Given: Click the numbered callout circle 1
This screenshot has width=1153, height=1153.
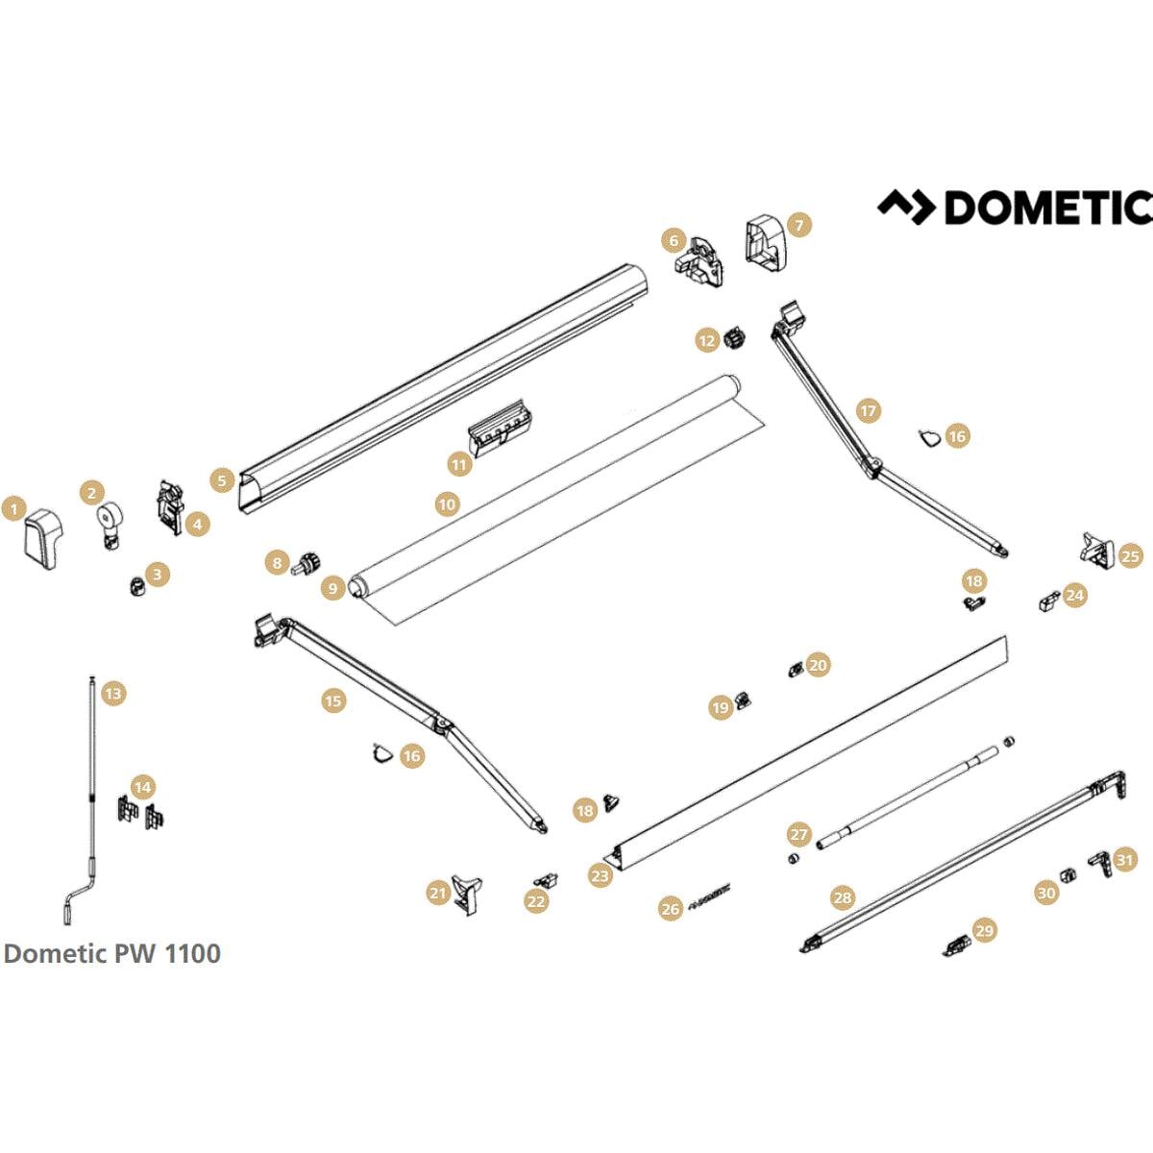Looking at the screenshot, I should [x=13, y=508].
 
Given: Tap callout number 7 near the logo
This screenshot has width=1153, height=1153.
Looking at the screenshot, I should [x=798, y=225].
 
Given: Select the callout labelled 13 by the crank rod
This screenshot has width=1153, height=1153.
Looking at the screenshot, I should [x=112, y=693].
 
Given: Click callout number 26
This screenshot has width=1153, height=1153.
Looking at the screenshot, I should [x=671, y=908].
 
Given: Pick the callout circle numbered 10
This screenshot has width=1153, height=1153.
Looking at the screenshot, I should [x=447, y=503].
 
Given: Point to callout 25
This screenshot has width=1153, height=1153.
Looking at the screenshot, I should [x=1131, y=555].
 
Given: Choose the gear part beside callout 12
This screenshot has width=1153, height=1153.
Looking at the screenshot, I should [x=737, y=339].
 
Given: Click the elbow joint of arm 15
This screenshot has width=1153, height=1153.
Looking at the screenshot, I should [x=442, y=724].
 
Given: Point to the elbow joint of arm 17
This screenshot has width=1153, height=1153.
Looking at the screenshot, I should [x=872, y=469].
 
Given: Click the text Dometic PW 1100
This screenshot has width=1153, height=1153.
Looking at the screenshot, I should [x=112, y=953].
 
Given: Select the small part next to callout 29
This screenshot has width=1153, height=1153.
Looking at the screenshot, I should [x=956, y=945].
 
